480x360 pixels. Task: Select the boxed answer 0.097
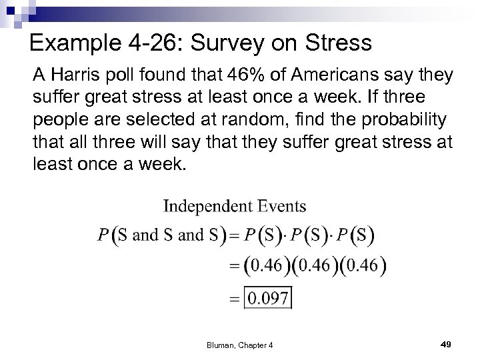click(269, 297)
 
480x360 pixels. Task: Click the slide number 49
click(446, 343)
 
